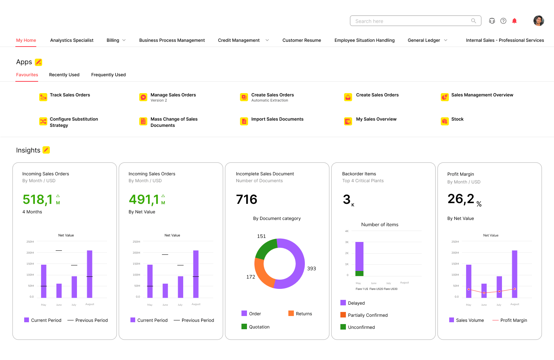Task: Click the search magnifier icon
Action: point(473,21)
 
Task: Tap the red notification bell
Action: point(514,21)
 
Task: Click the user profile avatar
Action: point(538,21)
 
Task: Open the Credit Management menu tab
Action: point(239,40)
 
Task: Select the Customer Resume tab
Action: point(302,40)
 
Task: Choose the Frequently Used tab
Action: point(108,75)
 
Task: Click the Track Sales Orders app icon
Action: point(43,97)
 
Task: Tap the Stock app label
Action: point(457,119)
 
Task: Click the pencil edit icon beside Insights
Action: point(46,150)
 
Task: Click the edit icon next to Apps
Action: point(38,62)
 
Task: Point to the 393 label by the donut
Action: point(311,269)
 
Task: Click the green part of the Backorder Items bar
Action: point(359,273)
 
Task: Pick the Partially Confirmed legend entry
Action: point(368,315)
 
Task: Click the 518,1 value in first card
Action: point(38,200)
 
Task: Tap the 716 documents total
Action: point(247,200)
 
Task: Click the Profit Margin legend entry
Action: point(513,320)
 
